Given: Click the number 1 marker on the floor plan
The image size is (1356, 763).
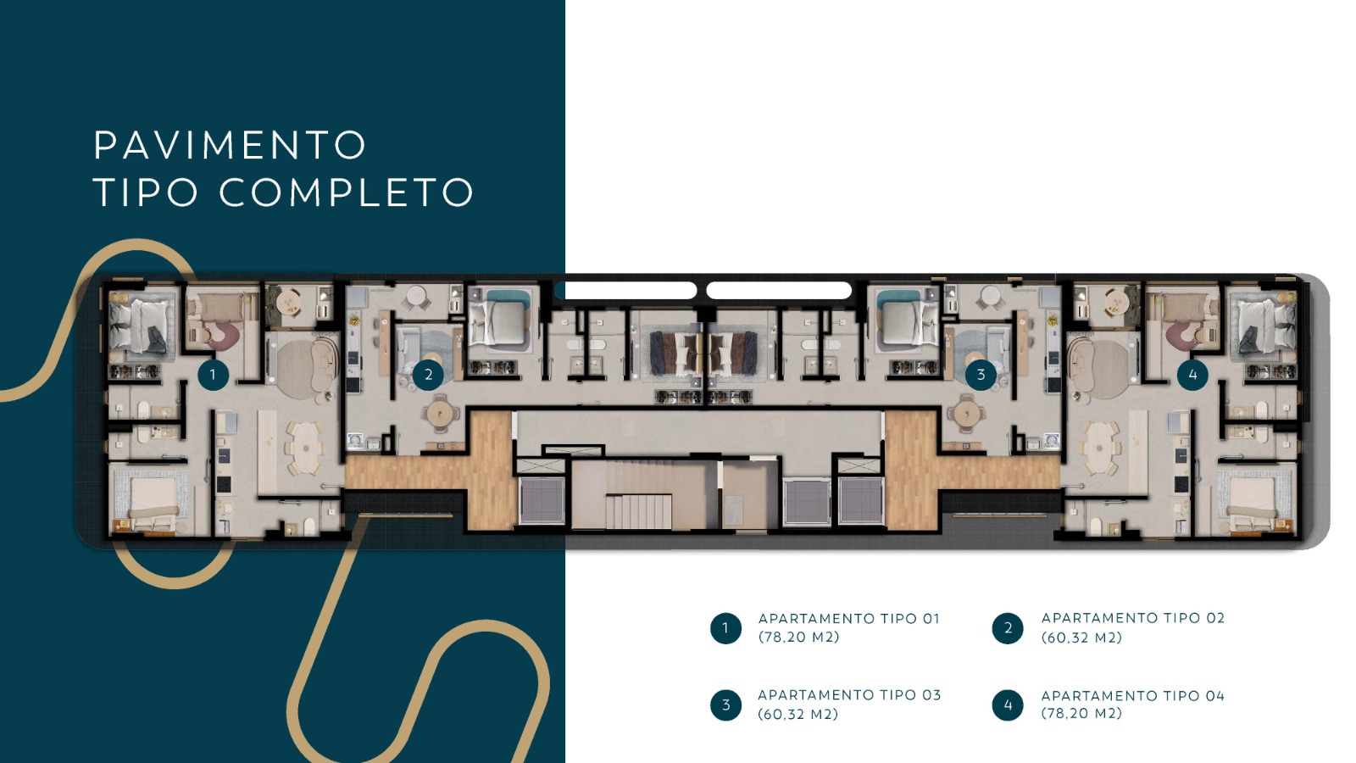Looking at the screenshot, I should [213, 374].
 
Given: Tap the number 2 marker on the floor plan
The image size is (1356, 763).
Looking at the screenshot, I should [428, 374].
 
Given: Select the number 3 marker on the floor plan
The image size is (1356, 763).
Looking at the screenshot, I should [981, 374].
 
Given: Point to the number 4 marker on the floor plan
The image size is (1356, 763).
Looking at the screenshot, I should [1192, 374].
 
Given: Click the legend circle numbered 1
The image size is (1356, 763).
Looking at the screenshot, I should [725, 628].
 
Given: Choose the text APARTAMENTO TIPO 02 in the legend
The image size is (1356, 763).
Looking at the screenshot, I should [1132, 618].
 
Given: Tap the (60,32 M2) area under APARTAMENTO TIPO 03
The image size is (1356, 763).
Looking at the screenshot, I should [797, 715].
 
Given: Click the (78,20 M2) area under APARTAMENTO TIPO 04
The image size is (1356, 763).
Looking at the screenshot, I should [1081, 714].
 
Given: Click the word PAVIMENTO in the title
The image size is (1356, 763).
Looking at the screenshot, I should [230, 146].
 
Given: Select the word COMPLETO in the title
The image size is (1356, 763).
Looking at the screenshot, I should [347, 192].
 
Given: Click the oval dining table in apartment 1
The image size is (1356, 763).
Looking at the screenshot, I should [303, 448].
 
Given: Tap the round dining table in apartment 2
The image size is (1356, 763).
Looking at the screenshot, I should [440, 415].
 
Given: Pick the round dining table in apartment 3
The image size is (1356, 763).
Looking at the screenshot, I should [966, 415].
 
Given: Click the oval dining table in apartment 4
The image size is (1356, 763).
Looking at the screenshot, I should [1100, 448].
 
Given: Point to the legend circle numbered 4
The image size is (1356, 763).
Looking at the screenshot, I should [1008, 705].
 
